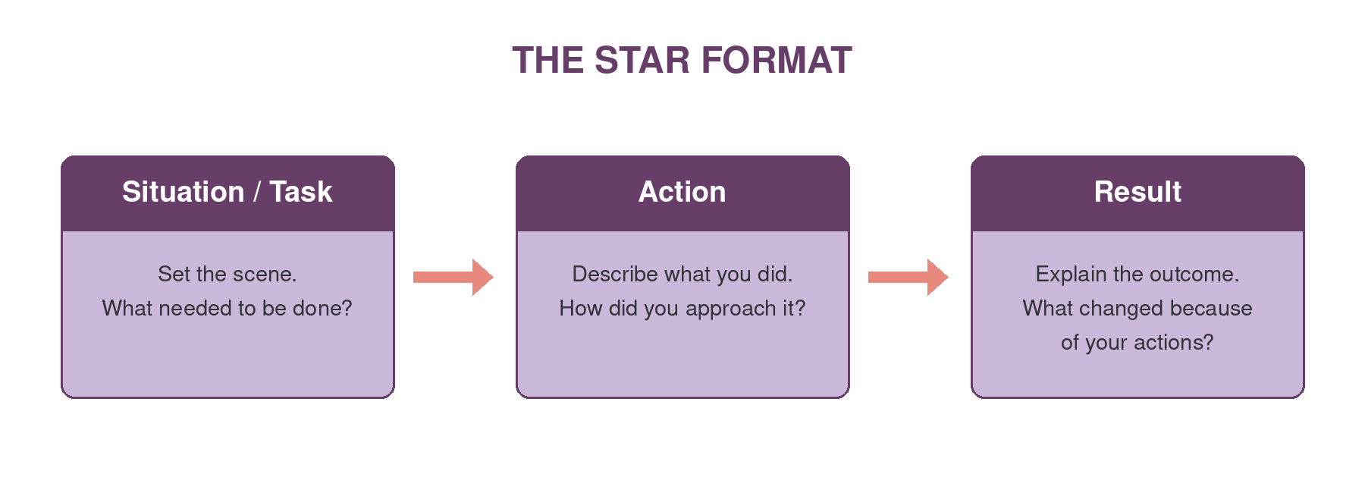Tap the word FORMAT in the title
(x=776, y=61)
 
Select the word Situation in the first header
(x=183, y=192)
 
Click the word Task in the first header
(x=301, y=192)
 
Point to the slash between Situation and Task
(x=257, y=192)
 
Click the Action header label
(x=682, y=192)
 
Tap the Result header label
(x=1137, y=192)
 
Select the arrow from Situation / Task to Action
(x=453, y=277)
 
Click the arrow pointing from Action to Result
(x=908, y=277)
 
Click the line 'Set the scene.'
(x=227, y=274)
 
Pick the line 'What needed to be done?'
(x=227, y=308)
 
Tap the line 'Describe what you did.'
(x=682, y=274)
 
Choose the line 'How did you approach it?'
(x=682, y=309)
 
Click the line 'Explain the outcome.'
(x=1137, y=274)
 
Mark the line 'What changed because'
(x=1137, y=308)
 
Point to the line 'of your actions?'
(x=1137, y=343)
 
